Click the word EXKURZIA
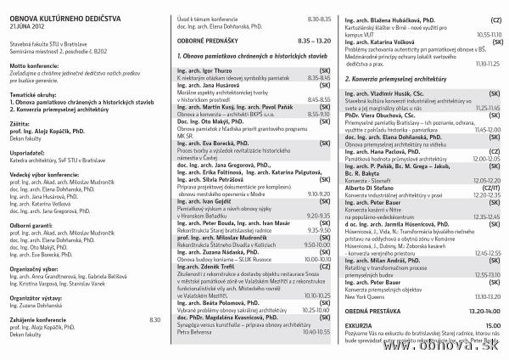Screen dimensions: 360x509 point(361,325)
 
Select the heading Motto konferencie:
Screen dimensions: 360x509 point(34,65)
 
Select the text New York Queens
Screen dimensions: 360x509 point(368,297)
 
